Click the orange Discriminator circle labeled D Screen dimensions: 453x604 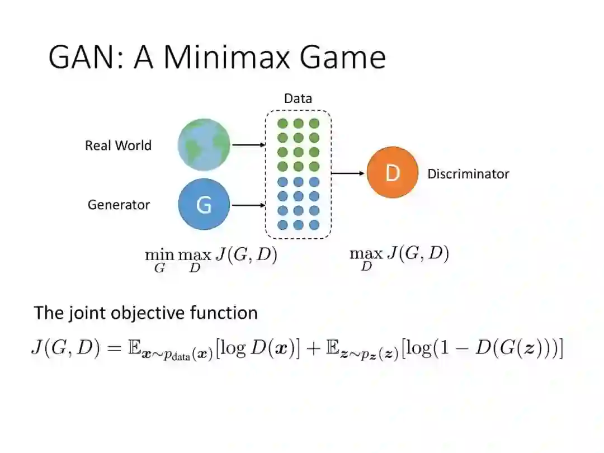click(392, 173)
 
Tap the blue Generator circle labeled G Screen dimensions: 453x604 click(204, 205)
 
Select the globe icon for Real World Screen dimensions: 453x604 click(204, 144)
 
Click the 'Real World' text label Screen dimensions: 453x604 click(118, 145)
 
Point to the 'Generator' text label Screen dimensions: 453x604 click(119, 205)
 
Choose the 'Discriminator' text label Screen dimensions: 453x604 click(468, 174)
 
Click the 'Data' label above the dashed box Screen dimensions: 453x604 click(298, 99)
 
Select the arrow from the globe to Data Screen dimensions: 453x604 click(248, 145)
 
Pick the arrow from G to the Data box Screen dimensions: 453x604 click(248, 205)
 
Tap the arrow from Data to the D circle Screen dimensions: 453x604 click(348, 173)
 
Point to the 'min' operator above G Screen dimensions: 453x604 click(159, 254)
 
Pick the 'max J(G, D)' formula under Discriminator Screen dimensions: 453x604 click(399, 256)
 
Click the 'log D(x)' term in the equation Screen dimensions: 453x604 click(259, 350)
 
